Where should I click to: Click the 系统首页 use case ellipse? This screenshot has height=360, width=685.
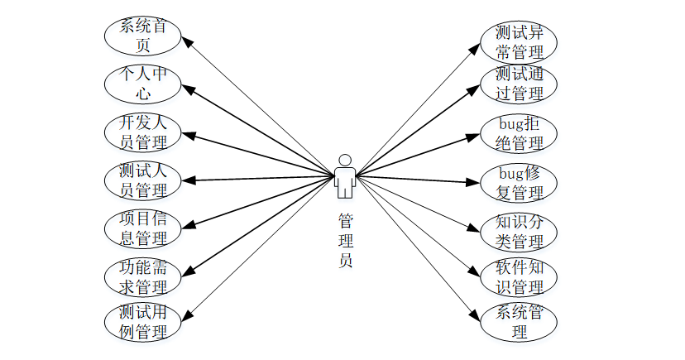pyautogui.click(x=142, y=36)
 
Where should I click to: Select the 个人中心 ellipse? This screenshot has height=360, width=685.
pyautogui.click(x=142, y=84)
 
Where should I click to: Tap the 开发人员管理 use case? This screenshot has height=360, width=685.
pyautogui.click(x=142, y=132)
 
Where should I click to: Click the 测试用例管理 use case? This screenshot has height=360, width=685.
pyautogui.click(x=142, y=323)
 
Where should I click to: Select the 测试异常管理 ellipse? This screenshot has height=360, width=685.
pyautogui.click(x=519, y=42)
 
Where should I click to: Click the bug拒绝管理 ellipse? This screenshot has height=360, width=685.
pyautogui.click(x=519, y=133)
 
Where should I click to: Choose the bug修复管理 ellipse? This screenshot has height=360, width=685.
pyautogui.click(x=519, y=182)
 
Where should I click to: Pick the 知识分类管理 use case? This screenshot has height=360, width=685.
pyautogui.click(x=519, y=232)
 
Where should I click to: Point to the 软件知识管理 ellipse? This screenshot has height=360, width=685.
pyautogui.click(x=519, y=277)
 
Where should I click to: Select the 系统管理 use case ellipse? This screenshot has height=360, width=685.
pyautogui.click(x=519, y=322)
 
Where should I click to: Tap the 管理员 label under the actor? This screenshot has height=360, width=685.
pyautogui.click(x=346, y=241)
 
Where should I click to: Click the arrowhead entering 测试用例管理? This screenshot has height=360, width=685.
pyautogui.click(x=187, y=316)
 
